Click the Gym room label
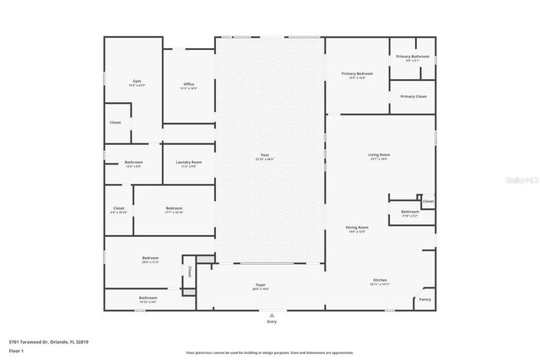point(132,82)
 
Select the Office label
point(189,83)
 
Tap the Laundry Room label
point(188,162)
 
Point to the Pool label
point(264,154)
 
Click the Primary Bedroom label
point(357,74)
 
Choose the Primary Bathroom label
point(413,56)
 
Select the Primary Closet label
point(413,96)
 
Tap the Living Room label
point(378,154)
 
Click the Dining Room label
point(356,227)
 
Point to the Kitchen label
point(380,280)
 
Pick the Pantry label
point(424,298)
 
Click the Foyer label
point(261,285)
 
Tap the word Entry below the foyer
point(271,321)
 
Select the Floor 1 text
point(15,350)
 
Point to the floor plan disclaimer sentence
point(270,352)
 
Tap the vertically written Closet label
point(190,271)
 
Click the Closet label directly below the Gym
point(115,122)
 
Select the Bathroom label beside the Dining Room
point(410,211)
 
